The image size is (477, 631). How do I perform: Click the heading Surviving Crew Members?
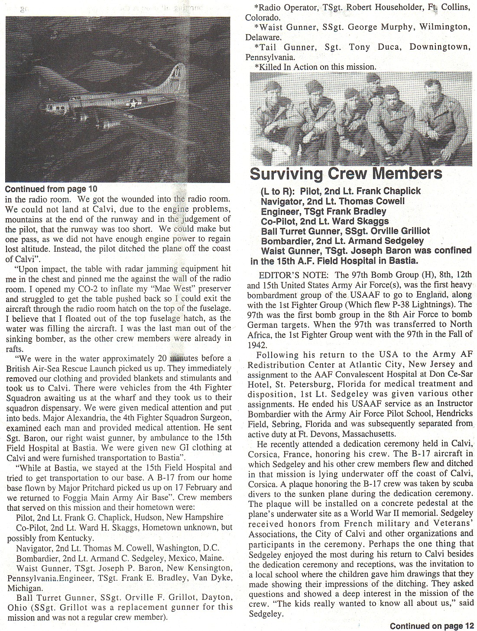click(346, 173)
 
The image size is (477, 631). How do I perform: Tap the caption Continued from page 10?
click(51, 189)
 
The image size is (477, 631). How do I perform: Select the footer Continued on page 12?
click(432, 626)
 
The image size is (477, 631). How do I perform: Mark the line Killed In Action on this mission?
click(316, 67)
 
